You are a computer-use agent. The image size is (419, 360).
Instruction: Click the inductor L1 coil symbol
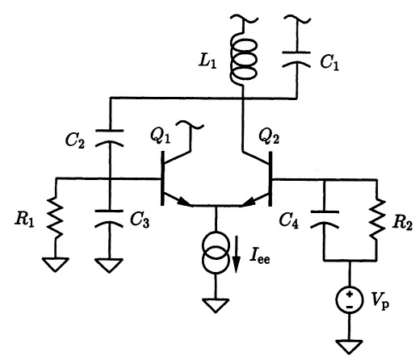244,60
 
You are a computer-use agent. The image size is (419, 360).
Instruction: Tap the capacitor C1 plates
296,59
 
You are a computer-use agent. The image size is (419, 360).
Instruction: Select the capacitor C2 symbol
110,138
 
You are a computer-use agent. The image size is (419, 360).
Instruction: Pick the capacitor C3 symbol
109,219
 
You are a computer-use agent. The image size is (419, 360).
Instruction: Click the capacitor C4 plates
325,220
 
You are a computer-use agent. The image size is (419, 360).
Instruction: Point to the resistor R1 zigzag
56,217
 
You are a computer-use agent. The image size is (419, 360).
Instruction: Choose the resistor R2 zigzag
377,219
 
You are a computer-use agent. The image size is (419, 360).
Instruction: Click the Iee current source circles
216,253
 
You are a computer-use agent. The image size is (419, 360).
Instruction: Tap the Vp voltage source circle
350,299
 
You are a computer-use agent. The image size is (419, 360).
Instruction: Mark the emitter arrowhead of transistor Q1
185,202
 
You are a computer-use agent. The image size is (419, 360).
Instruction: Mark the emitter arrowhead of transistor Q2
248,202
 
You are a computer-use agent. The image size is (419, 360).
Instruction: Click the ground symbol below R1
56,265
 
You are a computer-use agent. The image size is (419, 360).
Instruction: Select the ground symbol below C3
109,266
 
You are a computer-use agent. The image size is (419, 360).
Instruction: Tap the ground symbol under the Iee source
216,305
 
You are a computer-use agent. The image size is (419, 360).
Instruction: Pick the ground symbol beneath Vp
350,346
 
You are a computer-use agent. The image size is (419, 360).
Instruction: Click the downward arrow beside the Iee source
237,254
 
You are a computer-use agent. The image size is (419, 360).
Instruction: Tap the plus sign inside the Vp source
350,294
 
